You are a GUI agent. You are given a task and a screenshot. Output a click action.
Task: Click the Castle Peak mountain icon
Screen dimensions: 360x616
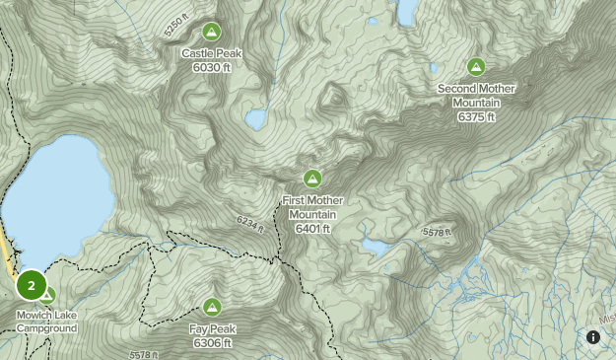(x=211, y=31)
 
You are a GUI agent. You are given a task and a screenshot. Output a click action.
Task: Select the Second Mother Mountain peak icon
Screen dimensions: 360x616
(x=475, y=67)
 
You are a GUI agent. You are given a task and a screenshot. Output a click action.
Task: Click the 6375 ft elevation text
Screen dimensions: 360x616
(x=476, y=116)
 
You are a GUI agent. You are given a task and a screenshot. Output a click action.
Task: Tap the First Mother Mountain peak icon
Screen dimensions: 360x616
(x=312, y=179)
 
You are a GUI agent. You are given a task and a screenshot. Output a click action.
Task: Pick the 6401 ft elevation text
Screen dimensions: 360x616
(x=312, y=229)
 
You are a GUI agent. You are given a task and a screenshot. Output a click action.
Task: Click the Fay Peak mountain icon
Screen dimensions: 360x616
(x=212, y=307)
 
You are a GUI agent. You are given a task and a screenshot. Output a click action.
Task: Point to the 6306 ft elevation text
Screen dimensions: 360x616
(x=212, y=342)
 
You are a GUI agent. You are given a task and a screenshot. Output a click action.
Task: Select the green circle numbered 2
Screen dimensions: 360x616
(x=32, y=286)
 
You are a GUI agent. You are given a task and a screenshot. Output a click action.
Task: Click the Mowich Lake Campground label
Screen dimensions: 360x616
(x=45, y=322)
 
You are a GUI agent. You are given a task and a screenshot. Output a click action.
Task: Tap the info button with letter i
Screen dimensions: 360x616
(x=593, y=337)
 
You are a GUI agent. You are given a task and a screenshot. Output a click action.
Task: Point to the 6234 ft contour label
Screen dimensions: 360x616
(x=250, y=224)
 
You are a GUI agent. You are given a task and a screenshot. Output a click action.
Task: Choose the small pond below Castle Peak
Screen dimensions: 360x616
(x=255, y=119)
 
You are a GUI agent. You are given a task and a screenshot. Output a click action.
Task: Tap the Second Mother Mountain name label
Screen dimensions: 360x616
(x=476, y=96)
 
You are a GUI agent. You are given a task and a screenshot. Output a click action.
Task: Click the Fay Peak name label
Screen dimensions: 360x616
(x=212, y=328)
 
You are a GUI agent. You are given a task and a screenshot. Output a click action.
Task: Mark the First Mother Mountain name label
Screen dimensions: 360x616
(x=312, y=207)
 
